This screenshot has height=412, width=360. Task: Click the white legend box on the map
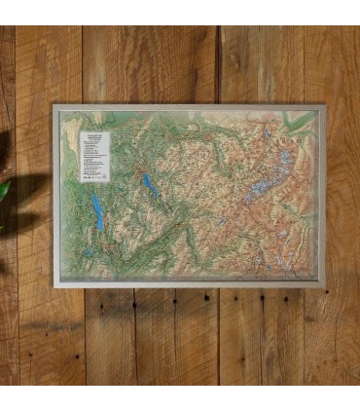coord(94,156)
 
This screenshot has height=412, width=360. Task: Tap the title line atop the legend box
coord(94,134)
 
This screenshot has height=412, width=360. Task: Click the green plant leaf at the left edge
coord(4,190)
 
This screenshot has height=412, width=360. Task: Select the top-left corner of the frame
coord(54,107)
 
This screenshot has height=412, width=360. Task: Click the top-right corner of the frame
coord(324,107)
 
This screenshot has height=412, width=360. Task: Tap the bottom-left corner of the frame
coord(54,285)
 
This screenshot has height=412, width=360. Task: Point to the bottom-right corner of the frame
coord(324,285)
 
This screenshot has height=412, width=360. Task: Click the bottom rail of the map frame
coord(190,284)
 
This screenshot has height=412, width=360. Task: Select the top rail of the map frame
coord(190,108)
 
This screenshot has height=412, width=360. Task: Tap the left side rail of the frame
coord(55,195)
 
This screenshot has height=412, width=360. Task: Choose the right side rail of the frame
coord(323,195)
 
